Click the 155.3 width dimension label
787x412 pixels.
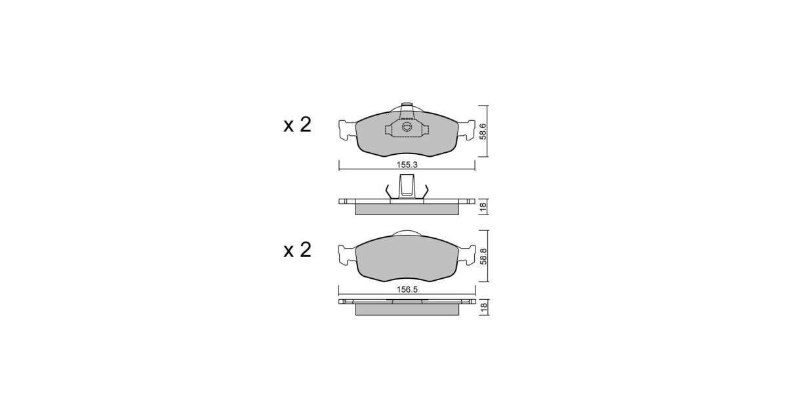[407, 165]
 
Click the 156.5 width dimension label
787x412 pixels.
[407, 290]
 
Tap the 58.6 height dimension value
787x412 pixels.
[483, 131]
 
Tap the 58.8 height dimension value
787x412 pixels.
[483, 257]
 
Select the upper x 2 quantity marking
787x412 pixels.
[297, 125]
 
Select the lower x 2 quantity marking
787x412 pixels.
[297, 251]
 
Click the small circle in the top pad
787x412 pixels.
[407, 127]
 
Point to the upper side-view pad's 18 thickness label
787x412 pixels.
[483, 207]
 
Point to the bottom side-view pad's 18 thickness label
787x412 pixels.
[483, 307]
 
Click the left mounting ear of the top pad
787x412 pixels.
[348, 130]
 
